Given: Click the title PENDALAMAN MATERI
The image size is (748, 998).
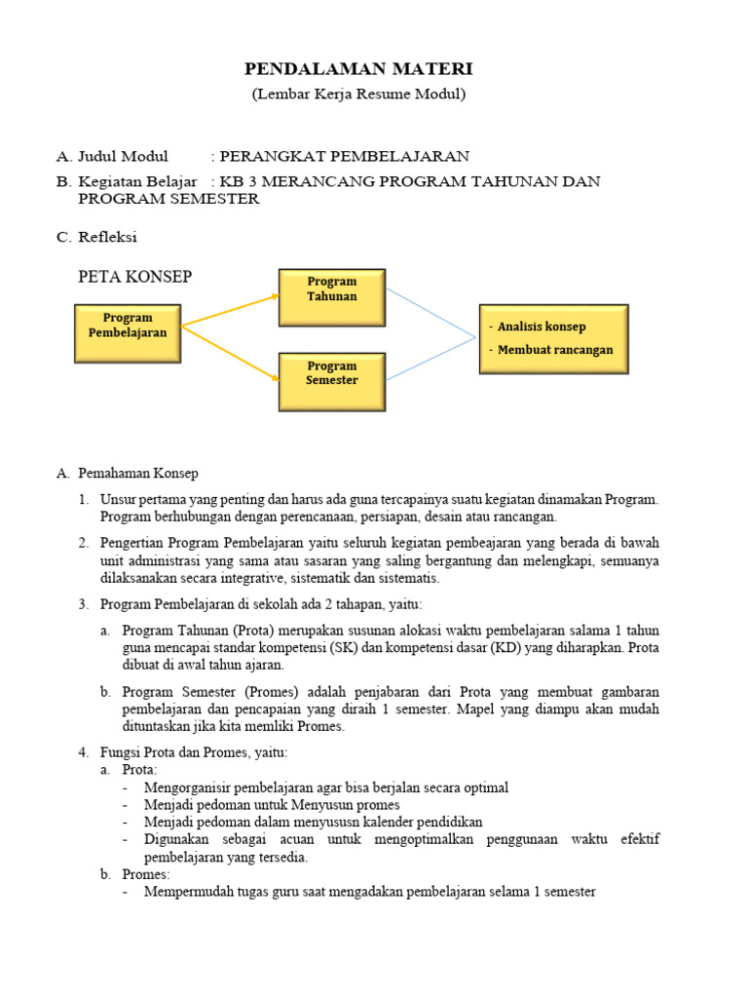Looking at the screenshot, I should click(x=357, y=69).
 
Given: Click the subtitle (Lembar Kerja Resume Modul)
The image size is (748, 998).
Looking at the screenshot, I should click(x=358, y=95).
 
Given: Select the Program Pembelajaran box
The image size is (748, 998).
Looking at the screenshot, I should click(x=128, y=325).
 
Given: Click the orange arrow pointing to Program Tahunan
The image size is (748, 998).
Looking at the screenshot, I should click(x=232, y=309).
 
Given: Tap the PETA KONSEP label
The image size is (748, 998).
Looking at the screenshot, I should click(x=134, y=277).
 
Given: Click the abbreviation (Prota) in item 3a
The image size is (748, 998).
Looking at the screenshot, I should click(x=256, y=631).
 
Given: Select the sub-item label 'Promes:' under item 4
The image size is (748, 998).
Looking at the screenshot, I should click(x=146, y=875).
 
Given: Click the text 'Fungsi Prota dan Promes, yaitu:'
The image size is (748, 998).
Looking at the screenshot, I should click(x=194, y=752).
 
